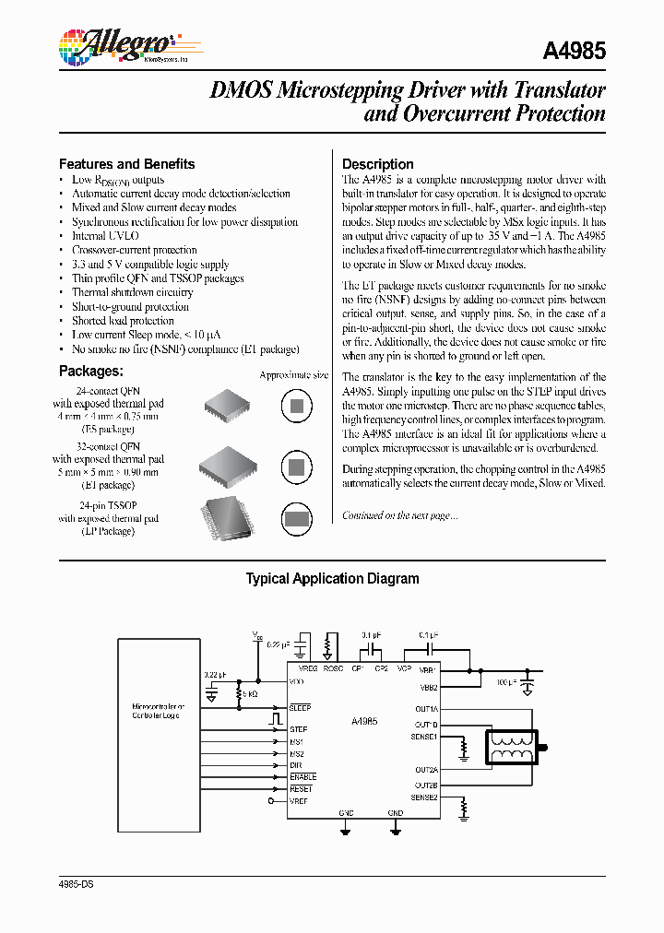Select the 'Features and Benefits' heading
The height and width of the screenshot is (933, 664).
(126, 164)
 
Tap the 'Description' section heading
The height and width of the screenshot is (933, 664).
(377, 164)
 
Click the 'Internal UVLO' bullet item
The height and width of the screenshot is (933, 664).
(105, 236)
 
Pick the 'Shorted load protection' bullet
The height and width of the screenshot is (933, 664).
(123, 321)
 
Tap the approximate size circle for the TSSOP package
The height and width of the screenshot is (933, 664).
(294, 519)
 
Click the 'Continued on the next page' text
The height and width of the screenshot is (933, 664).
(399, 515)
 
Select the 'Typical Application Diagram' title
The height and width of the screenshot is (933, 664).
(332, 579)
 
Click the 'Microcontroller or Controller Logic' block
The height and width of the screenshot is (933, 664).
(157, 710)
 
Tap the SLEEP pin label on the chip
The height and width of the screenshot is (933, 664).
(300, 707)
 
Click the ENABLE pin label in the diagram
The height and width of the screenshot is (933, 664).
(302, 777)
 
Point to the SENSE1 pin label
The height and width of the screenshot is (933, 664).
(424, 737)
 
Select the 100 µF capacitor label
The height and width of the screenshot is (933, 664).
(505, 681)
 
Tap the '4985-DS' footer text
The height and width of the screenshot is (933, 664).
(77, 884)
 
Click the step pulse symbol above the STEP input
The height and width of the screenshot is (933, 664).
(274, 716)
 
